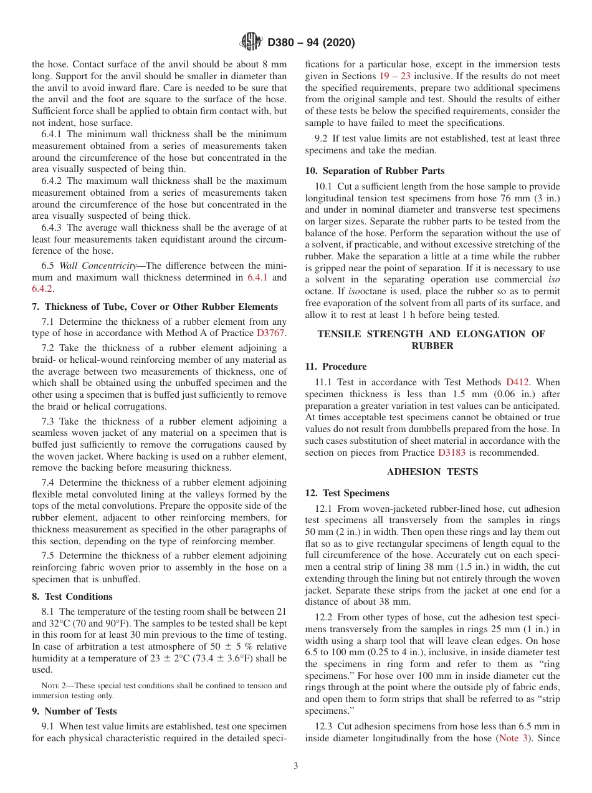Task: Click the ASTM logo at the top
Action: click(251, 42)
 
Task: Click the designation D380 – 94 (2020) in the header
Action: click(310, 43)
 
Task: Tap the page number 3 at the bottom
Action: click(296, 766)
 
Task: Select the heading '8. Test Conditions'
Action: click(72, 597)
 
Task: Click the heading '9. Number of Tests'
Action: click(74, 711)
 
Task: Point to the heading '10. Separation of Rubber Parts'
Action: click(375, 171)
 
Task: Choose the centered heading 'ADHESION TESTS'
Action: click(432, 472)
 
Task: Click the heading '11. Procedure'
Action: click(336, 367)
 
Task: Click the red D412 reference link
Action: click(517, 382)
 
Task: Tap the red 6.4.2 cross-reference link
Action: click(42, 289)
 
